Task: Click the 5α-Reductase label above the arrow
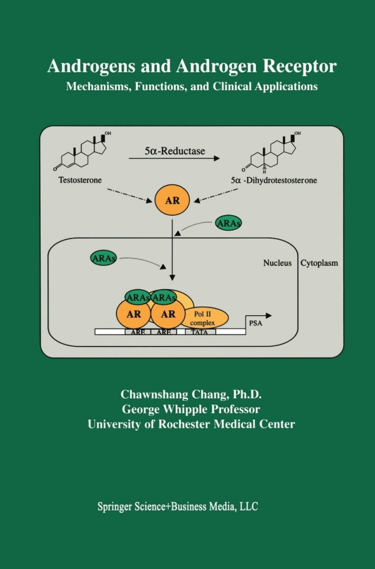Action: pos(174,152)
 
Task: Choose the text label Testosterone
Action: pos(80,180)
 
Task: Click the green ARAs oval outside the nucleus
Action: pos(228,224)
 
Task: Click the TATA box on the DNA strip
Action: pos(201,332)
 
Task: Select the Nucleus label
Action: pos(280,263)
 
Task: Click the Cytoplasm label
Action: pos(319,263)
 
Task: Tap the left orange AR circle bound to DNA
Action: pos(134,314)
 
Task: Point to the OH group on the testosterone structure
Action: pos(108,134)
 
